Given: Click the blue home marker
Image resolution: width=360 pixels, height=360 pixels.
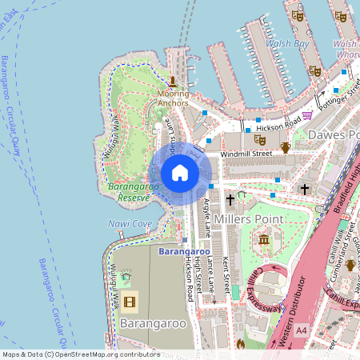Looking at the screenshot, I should click(x=180, y=173).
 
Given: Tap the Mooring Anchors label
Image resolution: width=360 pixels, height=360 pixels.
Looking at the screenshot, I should click(x=173, y=98).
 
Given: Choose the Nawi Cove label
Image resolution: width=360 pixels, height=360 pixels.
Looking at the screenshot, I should click(x=130, y=223).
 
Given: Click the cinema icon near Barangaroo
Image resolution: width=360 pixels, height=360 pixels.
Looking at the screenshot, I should click(x=130, y=301).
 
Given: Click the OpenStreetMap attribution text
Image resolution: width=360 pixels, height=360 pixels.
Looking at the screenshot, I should click(x=81, y=354).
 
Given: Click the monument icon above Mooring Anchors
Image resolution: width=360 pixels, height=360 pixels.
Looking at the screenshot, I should click(x=172, y=82).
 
